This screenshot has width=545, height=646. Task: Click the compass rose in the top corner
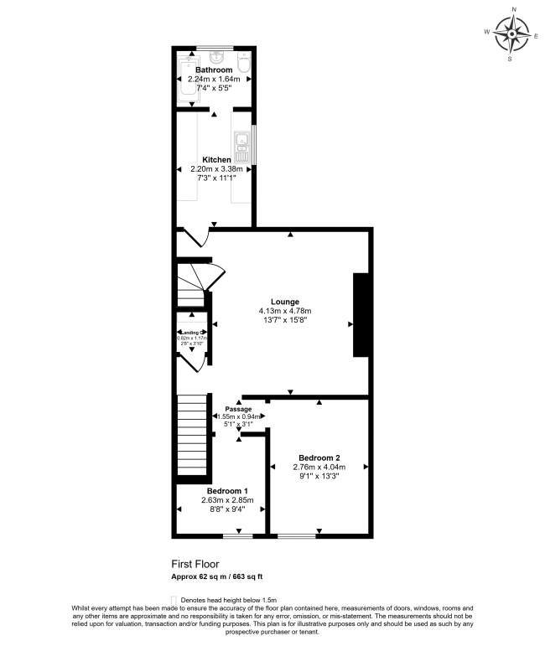click(x=512, y=34)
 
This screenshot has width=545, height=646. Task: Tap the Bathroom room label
click(x=214, y=70)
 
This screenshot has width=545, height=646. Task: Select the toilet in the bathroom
click(x=243, y=62)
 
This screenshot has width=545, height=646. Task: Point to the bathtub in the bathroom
click(x=185, y=80)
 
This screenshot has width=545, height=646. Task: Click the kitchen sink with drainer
click(x=242, y=147)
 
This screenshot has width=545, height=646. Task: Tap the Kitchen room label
click(x=216, y=159)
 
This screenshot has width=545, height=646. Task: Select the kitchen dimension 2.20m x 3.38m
click(x=216, y=168)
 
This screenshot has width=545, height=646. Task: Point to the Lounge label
click(x=284, y=302)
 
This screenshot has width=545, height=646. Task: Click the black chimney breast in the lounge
click(x=361, y=315)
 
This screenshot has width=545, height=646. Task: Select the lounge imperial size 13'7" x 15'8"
click(x=284, y=320)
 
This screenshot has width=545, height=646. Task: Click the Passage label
click(x=237, y=409)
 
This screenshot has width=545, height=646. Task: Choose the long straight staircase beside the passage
click(x=192, y=436)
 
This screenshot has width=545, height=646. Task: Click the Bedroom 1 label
click(x=227, y=491)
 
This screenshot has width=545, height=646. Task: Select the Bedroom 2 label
click(x=316, y=457)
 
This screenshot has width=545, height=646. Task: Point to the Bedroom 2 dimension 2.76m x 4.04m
click(x=318, y=467)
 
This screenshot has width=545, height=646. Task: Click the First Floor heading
click(x=195, y=565)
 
